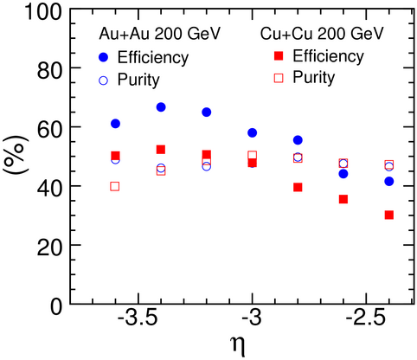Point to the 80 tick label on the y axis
[x=49, y=70]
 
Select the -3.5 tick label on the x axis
[x=138, y=318]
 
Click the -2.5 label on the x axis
[x=365, y=318]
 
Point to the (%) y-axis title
[x=16, y=155]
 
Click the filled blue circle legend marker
[x=103, y=58]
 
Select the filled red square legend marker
[x=279, y=55]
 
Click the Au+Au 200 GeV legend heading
[x=159, y=34]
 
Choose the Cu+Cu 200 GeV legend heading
[x=322, y=34]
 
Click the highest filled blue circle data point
[x=161, y=107]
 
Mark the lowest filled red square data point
[x=389, y=215]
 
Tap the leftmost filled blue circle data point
[x=115, y=124]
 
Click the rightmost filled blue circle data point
[x=389, y=182]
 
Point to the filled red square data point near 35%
[x=343, y=199]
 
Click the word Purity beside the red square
[x=314, y=78]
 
